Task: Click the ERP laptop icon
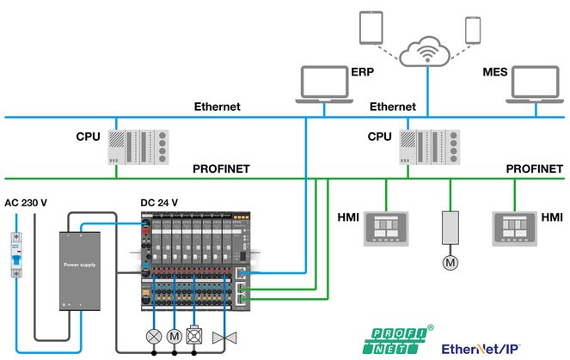tap(326, 83)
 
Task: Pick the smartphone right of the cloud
tap(472, 30)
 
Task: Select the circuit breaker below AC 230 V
tap(15, 253)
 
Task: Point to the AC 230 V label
tap(25, 203)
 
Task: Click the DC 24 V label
tap(159, 203)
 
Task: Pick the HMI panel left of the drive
tap(383, 226)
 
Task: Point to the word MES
tap(497, 74)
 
